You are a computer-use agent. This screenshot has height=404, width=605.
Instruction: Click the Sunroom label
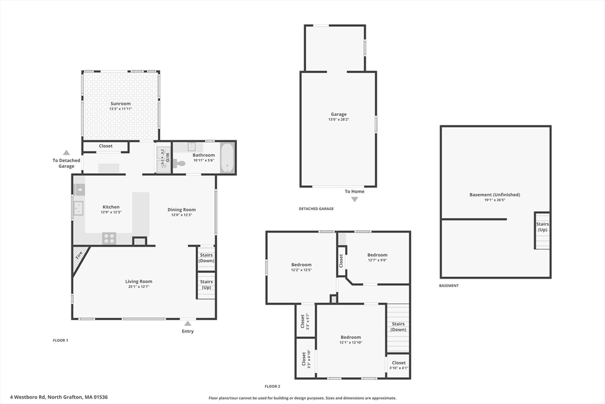click(x=121, y=104)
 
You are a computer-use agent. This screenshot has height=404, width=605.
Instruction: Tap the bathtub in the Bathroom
click(x=227, y=158)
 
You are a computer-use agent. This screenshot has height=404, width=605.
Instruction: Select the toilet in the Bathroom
click(x=179, y=163)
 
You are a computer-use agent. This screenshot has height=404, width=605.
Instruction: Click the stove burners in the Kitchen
click(x=109, y=238)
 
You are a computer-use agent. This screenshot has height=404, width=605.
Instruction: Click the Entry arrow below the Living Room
click(x=187, y=324)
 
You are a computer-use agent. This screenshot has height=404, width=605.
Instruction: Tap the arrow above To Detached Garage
click(x=66, y=153)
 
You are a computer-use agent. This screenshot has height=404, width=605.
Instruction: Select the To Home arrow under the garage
click(x=354, y=199)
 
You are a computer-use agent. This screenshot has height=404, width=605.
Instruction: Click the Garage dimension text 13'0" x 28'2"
click(x=339, y=119)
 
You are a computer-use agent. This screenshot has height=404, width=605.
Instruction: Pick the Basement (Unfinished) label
click(x=495, y=195)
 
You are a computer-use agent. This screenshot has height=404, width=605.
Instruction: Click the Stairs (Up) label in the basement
click(x=542, y=227)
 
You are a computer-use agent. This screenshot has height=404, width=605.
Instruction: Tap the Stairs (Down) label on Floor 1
click(x=206, y=258)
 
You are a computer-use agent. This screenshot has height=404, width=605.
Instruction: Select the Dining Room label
click(x=181, y=210)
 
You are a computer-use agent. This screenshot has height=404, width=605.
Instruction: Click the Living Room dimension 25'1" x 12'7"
click(x=138, y=286)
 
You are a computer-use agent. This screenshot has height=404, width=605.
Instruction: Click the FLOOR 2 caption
click(x=272, y=386)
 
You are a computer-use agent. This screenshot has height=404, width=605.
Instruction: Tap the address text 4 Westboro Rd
click(x=28, y=397)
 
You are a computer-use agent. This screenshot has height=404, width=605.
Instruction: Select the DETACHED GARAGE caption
click(x=316, y=209)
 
